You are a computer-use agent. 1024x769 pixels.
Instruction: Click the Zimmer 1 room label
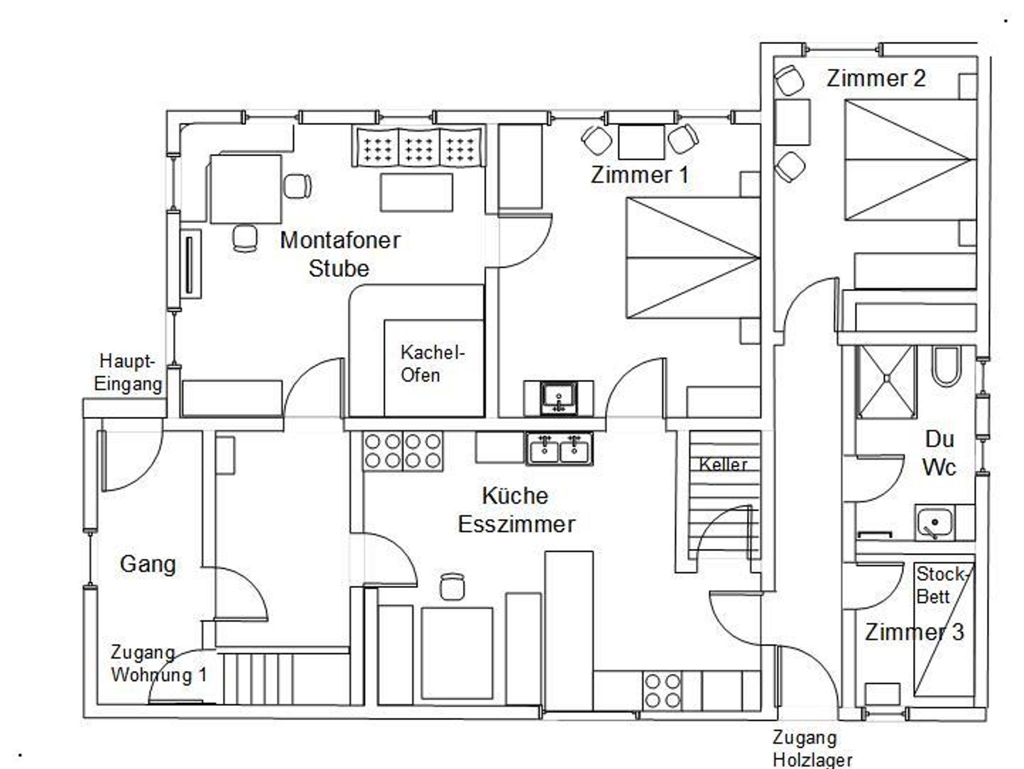click(x=639, y=175)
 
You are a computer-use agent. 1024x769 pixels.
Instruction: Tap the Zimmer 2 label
click(x=876, y=78)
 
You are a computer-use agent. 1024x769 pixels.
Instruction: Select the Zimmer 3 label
click(x=914, y=632)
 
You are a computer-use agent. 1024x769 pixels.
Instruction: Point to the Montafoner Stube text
click(x=340, y=254)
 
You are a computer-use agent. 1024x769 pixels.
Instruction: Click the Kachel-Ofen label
click(x=432, y=363)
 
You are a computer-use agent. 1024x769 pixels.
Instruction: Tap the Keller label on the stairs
click(x=723, y=464)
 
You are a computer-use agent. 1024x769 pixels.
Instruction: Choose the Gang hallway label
click(x=148, y=564)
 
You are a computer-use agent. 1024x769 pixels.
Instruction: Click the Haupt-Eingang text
click(x=128, y=372)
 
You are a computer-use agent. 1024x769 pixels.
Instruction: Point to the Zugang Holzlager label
click(x=812, y=748)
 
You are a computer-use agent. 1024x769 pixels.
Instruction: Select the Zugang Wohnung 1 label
click(x=158, y=664)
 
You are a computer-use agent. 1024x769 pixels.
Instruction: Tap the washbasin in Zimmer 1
click(x=558, y=398)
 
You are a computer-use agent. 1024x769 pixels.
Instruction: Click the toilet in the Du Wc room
click(x=946, y=366)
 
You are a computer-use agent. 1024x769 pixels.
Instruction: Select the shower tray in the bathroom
click(x=886, y=381)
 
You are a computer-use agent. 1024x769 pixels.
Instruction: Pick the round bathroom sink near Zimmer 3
click(x=934, y=522)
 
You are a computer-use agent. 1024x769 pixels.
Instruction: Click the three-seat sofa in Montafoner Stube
click(x=419, y=146)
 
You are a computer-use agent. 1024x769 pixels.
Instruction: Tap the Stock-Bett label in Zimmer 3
click(x=941, y=585)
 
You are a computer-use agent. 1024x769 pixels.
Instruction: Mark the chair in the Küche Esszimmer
click(x=452, y=586)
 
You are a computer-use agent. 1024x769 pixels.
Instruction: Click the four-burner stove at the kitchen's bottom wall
click(x=662, y=690)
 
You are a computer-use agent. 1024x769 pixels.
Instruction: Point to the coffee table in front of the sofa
click(x=416, y=192)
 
